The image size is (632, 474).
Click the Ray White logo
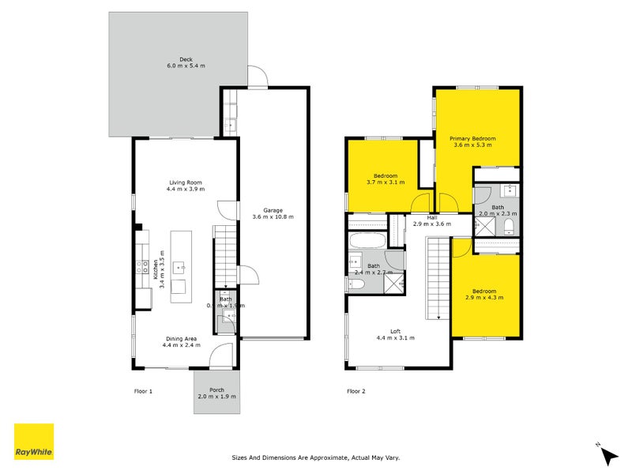34,442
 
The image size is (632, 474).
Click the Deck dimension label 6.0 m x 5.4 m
186,65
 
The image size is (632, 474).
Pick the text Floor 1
144,391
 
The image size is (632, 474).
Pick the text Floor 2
356,391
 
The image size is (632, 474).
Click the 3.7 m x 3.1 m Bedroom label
386,179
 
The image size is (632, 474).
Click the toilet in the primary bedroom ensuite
510,227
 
